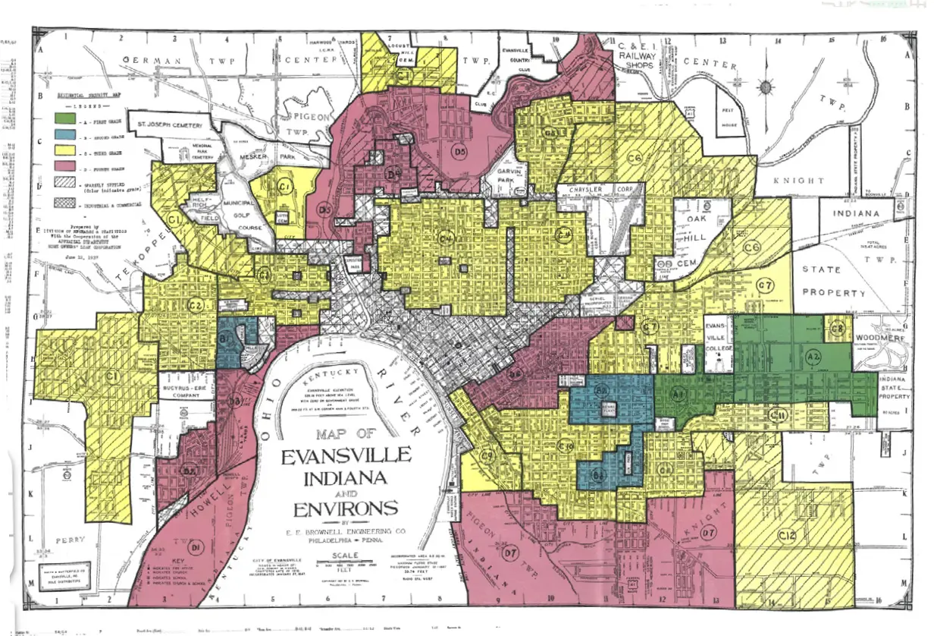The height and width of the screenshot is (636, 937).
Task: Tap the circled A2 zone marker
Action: (x=813, y=357)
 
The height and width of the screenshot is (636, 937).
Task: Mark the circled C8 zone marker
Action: (x=837, y=329)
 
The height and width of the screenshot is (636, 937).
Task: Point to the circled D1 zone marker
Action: (x=196, y=546)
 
